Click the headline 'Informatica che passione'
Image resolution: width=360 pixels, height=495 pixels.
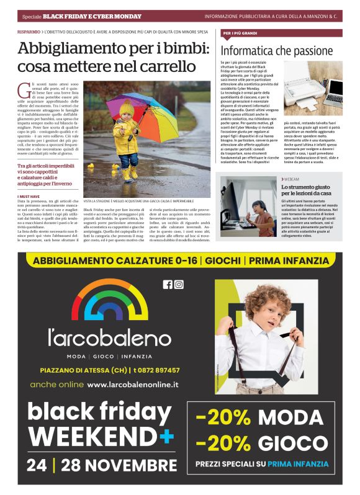click(277, 51)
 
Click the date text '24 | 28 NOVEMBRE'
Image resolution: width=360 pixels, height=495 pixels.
click(102, 465)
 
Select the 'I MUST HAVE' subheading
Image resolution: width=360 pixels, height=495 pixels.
click(29, 197)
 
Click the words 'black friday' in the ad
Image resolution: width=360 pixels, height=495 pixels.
click(99, 412)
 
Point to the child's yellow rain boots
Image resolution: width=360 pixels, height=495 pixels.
click(130, 173)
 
